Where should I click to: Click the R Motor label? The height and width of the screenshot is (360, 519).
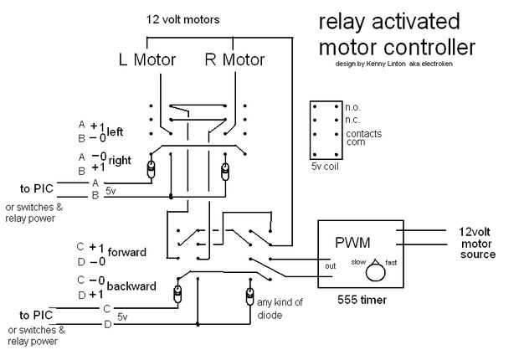[234, 59]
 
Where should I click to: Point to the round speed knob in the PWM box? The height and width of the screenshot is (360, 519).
[374, 271]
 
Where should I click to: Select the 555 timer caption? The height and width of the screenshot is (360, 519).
[362, 299]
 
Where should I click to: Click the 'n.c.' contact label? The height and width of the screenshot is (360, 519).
[352, 120]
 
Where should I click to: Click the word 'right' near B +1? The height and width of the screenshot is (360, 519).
[121, 159]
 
